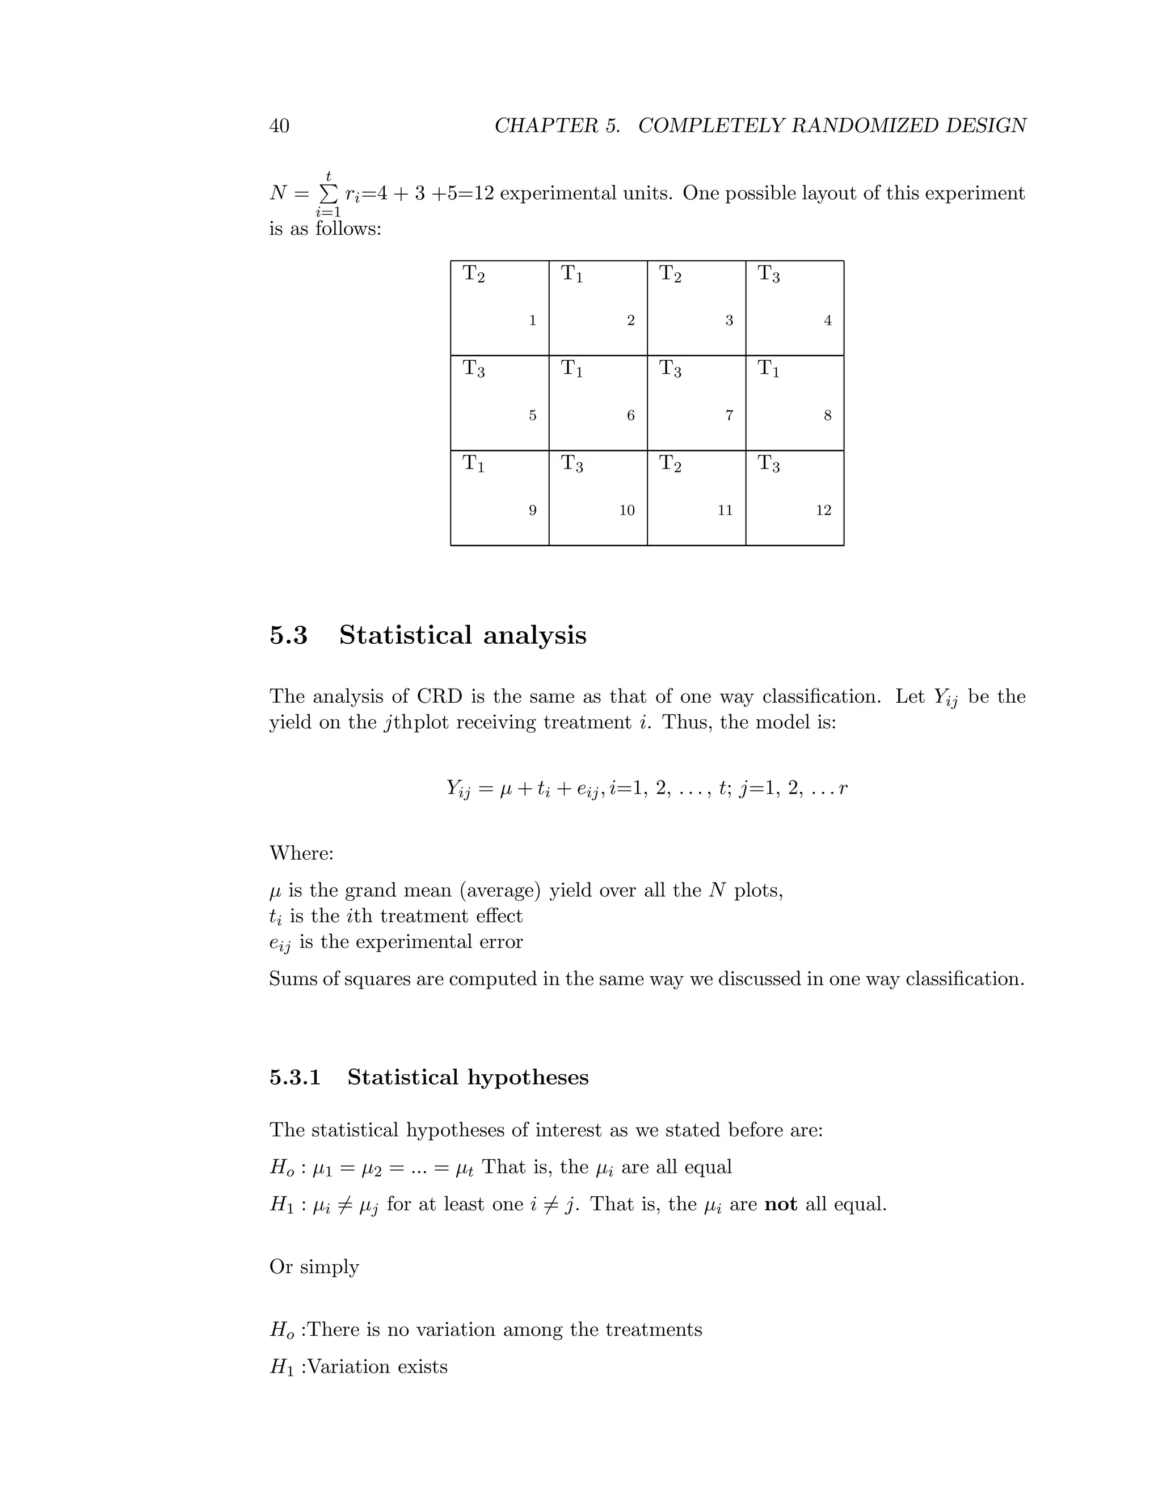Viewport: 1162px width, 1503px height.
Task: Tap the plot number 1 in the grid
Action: coord(532,320)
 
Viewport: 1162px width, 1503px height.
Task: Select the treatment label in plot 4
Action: coord(768,274)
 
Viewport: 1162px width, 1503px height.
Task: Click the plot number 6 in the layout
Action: coord(630,415)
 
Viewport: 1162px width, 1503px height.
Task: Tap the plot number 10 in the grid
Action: coord(626,510)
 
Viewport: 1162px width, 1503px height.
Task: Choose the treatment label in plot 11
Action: coord(670,464)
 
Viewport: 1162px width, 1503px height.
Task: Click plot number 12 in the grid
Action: coord(823,510)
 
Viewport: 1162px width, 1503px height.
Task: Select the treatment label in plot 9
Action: coord(473,464)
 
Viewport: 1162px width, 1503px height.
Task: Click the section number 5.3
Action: coord(288,635)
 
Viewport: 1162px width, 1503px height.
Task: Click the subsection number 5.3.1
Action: coord(294,1078)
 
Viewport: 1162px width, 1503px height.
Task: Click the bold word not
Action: coord(780,1204)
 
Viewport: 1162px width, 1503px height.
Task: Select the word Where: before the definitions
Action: coord(301,854)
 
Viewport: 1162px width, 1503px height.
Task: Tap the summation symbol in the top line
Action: coord(329,193)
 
